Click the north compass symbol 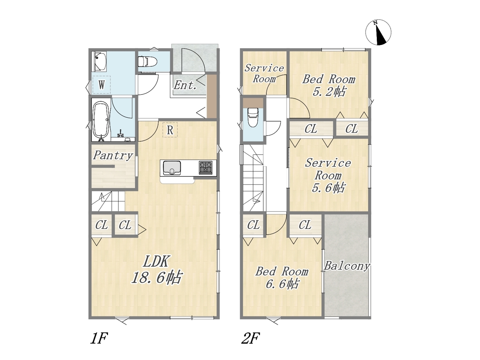(378, 33)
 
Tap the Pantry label (113, 155)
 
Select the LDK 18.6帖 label (156, 270)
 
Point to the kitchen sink (172, 168)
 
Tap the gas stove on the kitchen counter (205, 168)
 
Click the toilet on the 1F (147, 61)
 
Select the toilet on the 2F (253, 118)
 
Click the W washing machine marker (102, 85)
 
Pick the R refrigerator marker (170, 130)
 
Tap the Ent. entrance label (185, 85)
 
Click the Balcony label (346, 266)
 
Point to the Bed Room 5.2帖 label (328, 85)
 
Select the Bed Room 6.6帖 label (282, 278)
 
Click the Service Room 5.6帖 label (328, 175)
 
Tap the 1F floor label (99, 338)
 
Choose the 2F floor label (250, 338)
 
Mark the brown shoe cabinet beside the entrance (211, 96)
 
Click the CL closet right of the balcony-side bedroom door (305, 225)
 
